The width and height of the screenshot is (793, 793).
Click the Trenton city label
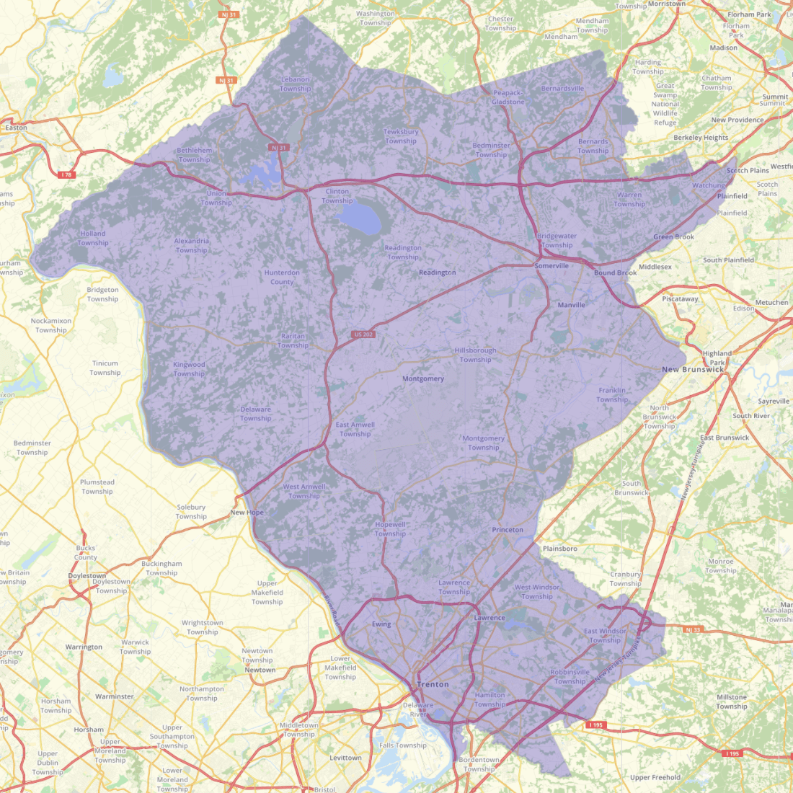pos(433,684)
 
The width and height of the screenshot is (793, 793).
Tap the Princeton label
pos(508,530)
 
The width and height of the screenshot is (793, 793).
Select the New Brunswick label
pos(693,369)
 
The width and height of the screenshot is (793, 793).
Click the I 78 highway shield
pos(67,174)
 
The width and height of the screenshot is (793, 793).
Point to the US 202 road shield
pos(364,335)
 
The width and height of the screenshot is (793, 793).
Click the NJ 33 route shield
pos(692,629)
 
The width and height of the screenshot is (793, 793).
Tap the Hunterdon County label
pos(282,277)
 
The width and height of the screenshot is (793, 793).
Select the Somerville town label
pos(551,266)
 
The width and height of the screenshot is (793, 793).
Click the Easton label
pos(16,128)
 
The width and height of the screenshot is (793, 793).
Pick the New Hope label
pos(247,513)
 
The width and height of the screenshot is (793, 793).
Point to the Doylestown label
pos(87,576)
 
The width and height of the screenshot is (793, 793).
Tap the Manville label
pos(571,305)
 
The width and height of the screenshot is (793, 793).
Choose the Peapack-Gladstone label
pos(508,97)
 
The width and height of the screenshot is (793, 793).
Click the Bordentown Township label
pos(479,764)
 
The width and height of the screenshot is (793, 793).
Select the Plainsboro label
pos(559,549)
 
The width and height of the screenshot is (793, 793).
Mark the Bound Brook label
pos(615,273)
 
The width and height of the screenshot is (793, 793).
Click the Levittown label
pos(345,758)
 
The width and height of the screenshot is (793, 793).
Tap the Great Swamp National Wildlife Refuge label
pos(665,104)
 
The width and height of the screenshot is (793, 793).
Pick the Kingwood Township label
pos(189,369)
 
